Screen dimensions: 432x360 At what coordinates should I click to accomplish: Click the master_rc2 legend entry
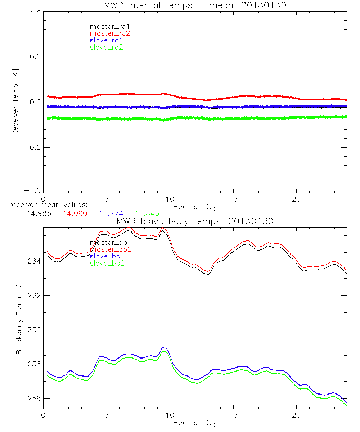coord(110,33)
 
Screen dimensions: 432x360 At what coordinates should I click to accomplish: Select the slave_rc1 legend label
coord(106,40)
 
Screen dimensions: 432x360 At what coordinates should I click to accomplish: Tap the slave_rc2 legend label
coord(106,47)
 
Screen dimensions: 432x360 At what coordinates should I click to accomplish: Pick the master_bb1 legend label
coord(110,243)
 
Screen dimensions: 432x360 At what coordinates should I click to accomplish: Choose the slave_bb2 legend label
coord(108,264)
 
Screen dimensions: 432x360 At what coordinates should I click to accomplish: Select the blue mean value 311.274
coord(108,213)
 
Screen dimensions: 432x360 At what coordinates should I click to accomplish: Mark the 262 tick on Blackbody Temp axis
coord(34,295)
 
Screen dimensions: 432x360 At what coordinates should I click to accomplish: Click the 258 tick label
coord(34,364)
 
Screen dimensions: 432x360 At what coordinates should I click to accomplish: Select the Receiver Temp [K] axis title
coord(15,102)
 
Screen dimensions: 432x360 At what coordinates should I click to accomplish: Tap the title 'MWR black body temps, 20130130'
coord(195,221)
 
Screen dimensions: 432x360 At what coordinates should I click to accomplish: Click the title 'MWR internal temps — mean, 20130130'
coord(195,5)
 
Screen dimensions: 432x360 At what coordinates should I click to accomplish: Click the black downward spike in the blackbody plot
coord(208,283)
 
